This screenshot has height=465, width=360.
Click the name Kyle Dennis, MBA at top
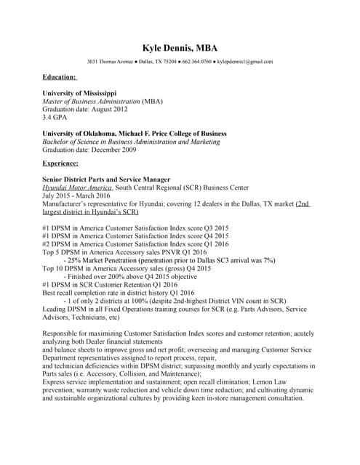point(180,46)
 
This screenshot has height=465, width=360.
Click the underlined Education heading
point(60,76)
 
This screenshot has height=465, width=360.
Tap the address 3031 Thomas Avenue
point(111,62)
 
